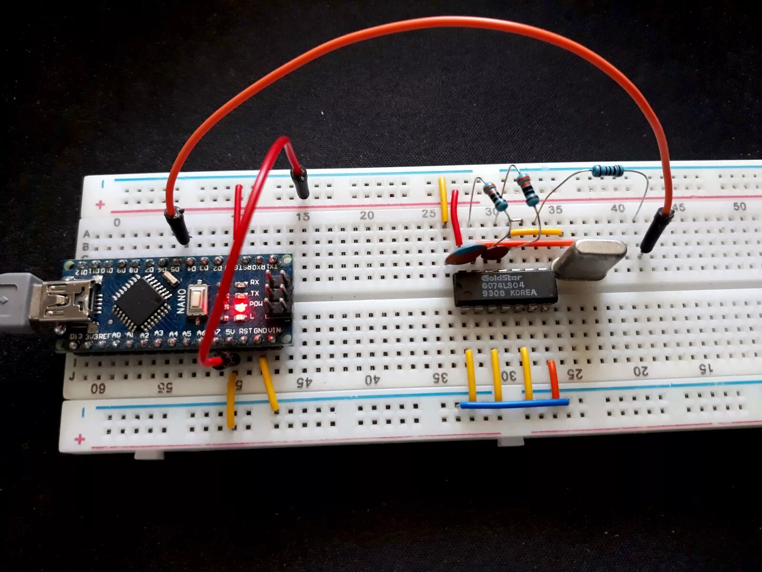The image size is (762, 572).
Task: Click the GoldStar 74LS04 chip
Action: tap(505, 288)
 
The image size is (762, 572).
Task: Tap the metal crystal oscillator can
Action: tap(591, 258)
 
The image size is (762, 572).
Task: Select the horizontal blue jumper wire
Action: tap(514, 404)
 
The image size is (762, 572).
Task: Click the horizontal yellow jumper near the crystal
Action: tap(536, 232)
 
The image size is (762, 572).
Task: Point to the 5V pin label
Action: tap(231, 331)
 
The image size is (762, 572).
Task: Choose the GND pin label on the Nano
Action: tap(260, 331)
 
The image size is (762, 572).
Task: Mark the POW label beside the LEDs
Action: tap(256, 304)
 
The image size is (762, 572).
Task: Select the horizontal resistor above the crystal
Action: tap(607, 170)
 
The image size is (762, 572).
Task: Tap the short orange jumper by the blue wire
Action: tap(553, 379)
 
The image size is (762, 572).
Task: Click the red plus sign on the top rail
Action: tap(100, 204)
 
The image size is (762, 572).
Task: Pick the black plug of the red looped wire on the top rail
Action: tap(300, 184)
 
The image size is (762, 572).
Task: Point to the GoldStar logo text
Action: tap(501, 277)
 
